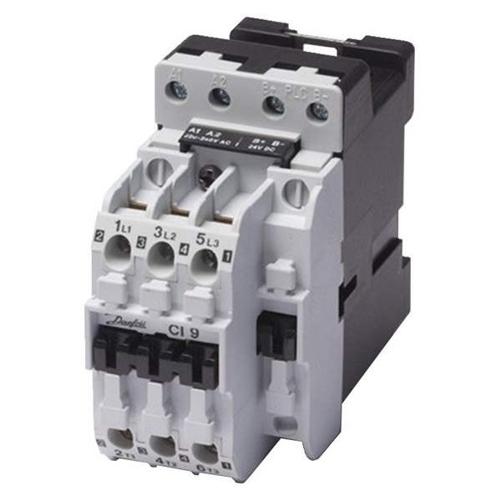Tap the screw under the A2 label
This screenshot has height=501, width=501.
point(220,98)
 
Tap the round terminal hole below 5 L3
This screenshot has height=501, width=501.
point(205,266)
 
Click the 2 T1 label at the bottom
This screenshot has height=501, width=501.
point(120,453)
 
